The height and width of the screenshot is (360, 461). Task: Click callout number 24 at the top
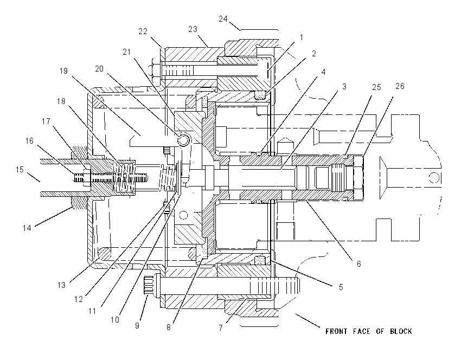tap(223, 19)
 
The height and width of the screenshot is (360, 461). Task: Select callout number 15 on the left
tap(20, 170)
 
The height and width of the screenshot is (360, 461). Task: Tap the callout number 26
tap(400, 86)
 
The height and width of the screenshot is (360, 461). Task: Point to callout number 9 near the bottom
tap(137, 326)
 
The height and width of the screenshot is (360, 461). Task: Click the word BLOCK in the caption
tap(401, 331)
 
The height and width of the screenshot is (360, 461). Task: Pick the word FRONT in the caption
tap(336, 331)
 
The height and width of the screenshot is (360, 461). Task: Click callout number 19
tap(63, 71)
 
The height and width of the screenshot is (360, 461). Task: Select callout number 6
tap(358, 264)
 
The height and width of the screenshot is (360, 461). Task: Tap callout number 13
tap(61, 285)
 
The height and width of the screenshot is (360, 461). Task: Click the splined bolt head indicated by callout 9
tap(151, 284)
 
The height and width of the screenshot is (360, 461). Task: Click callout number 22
tap(143, 31)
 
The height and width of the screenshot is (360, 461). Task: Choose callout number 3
tap(344, 87)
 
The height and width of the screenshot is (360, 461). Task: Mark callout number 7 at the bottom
tap(221, 327)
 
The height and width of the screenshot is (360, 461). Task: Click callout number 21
tap(127, 52)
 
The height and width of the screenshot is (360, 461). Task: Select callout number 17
tap(46, 121)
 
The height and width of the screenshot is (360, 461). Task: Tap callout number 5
tap(341, 287)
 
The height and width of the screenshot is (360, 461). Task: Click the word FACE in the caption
tap(362, 331)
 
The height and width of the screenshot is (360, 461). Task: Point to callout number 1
tap(302, 37)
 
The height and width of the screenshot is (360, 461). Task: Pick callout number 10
tap(114, 320)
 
